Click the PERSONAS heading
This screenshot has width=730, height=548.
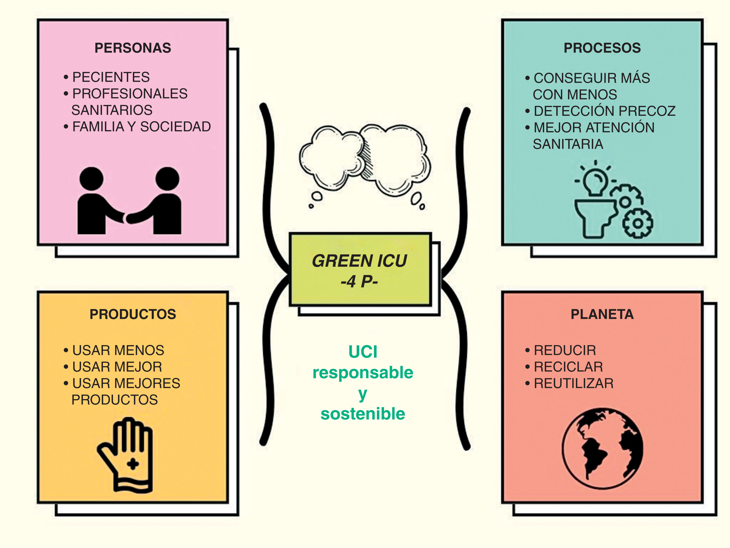(x=133, y=48)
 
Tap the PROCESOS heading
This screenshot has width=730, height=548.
(x=602, y=48)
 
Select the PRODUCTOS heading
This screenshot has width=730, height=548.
(x=133, y=314)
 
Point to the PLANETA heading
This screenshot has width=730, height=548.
(x=602, y=314)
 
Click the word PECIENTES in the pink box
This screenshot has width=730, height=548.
(x=111, y=77)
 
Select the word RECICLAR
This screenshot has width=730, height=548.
(x=568, y=367)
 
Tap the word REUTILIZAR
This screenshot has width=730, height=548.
(x=574, y=383)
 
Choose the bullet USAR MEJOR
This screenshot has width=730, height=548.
(x=117, y=367)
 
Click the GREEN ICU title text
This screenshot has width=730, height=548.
(x=359, y=261)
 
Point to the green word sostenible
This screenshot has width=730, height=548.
(x=363, y=414)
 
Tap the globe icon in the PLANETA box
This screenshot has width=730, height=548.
(x=603, y=448)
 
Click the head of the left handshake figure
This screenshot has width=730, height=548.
(x=91, y=179)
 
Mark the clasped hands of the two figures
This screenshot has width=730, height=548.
(x=126, y=218)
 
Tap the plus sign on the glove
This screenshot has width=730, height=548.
(x=133, y=464)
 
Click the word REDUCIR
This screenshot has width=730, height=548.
(x=565, y=350)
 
